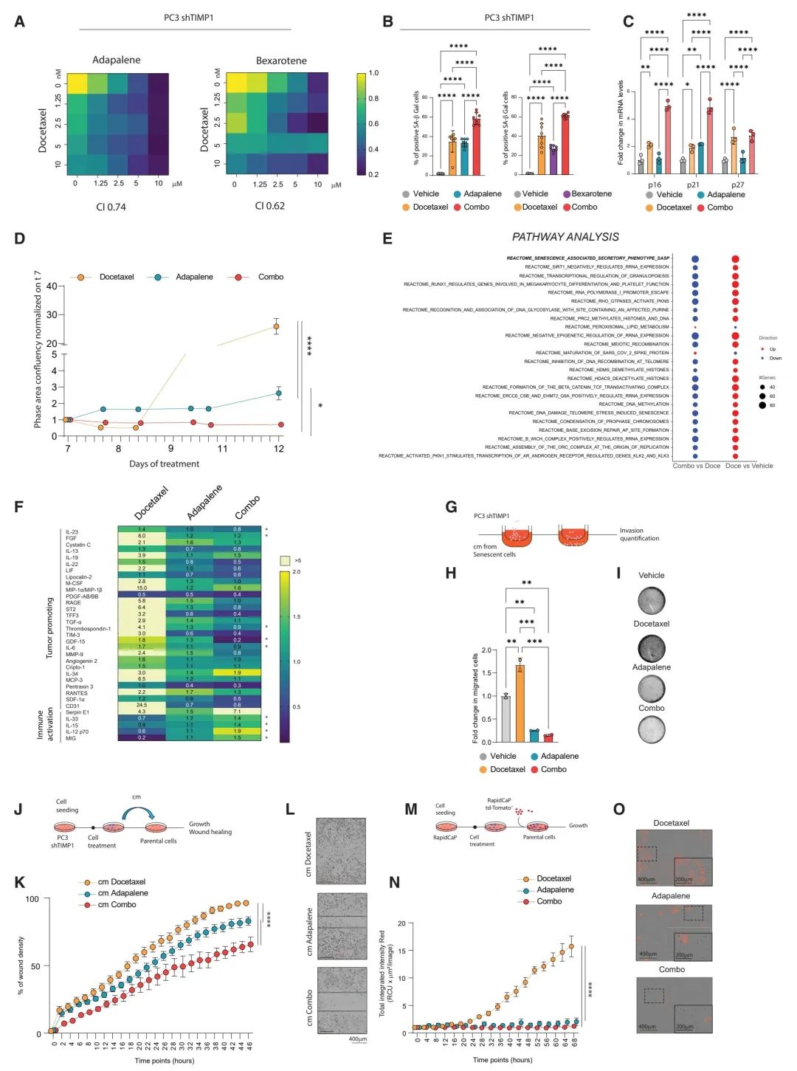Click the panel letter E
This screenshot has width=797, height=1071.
click(x=387, y=238)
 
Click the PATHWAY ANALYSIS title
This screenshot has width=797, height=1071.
click(x=565, y=237)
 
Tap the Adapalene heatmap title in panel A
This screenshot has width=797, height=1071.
click(x=117, y=60)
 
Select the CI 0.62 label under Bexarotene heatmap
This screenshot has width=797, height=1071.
click(x=269, y=206)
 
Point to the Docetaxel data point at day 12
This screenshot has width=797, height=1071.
click(x=277, y=326)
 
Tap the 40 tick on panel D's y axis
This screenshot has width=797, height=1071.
click(x=52, y=286)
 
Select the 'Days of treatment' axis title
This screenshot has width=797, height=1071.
click(x=164, y=464)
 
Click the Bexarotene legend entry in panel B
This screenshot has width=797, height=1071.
click(x=591, y=194)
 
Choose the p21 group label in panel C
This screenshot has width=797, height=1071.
click(x=693, y=185)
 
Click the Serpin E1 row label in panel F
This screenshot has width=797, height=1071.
click(x=77, y=712)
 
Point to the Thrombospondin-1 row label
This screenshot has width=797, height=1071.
click(x=88, y=629)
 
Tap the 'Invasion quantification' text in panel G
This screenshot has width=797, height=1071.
click(x=639, y=534)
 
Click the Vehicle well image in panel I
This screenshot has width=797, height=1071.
click(x=652, y=601)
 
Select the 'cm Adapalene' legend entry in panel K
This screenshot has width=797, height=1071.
click(x=123, y=893)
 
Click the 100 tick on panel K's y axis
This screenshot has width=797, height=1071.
click(x=32, y=899)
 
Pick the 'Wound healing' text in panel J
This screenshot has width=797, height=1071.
click(x=210, y=832)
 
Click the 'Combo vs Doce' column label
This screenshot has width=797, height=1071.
click(x=696, y=466)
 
